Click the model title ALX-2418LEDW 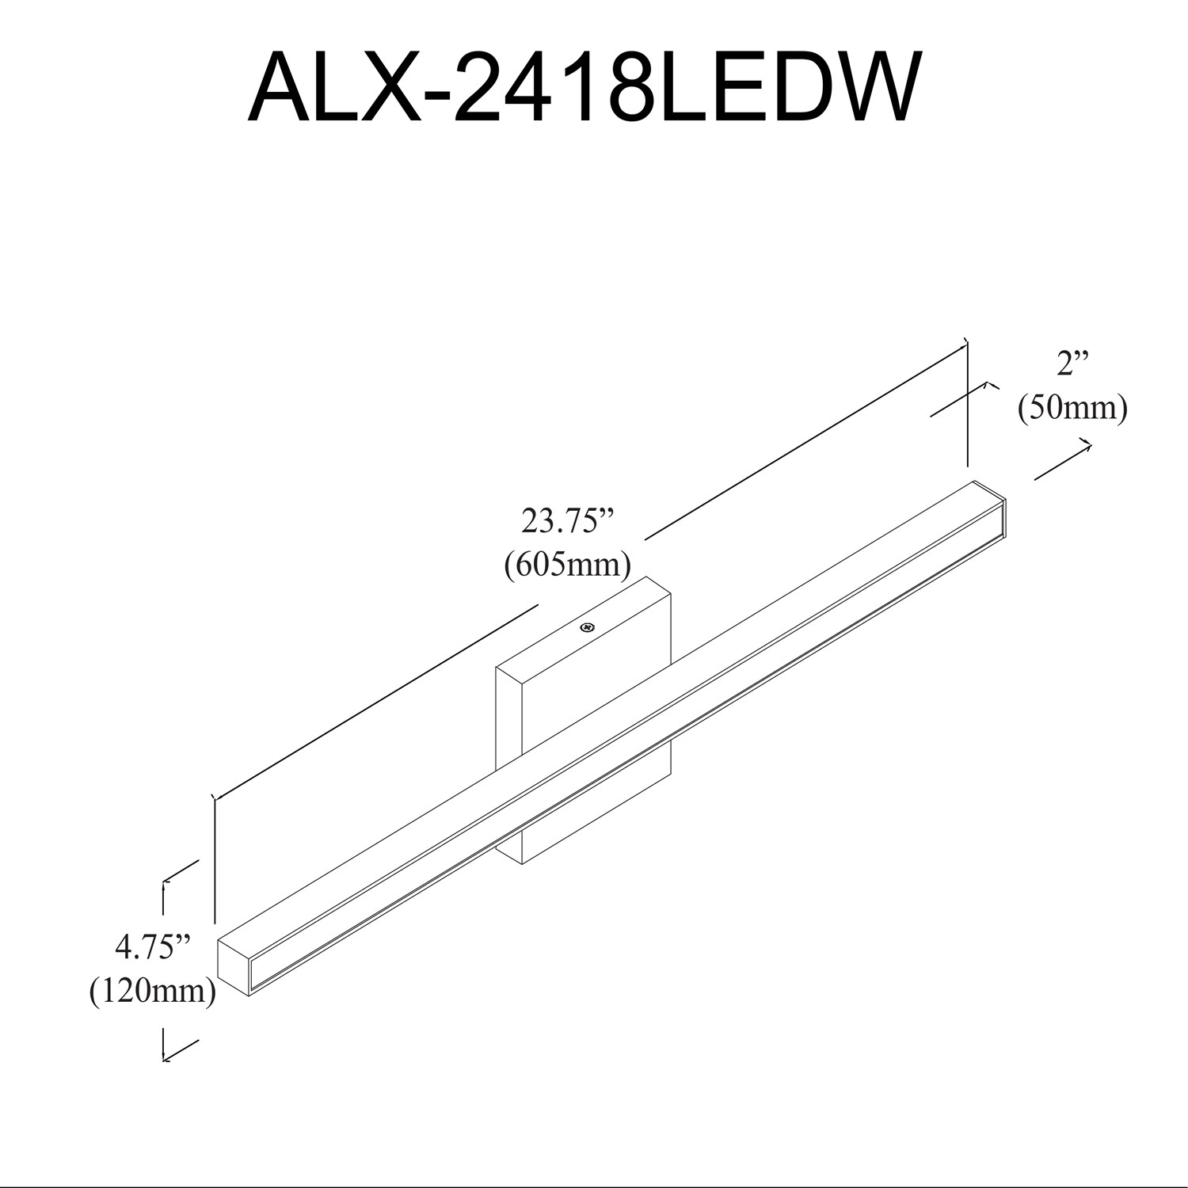tap(584, 88)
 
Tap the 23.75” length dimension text tap(568, 522)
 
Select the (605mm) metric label tap(568, 565)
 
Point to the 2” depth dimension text tap(1072, 364)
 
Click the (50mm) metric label tap(1072, 409)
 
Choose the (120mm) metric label tap(153, 990)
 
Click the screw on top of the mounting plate tap(587, 628)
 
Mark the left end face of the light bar tap(233, 964)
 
